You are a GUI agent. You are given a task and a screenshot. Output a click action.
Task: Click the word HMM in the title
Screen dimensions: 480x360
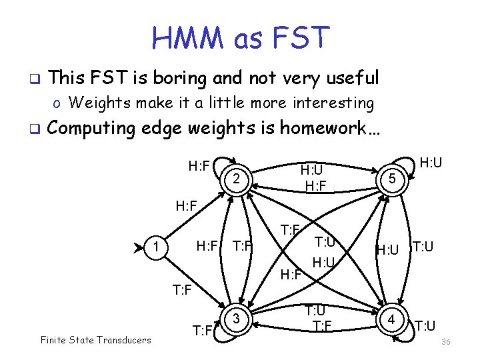coord(189,38)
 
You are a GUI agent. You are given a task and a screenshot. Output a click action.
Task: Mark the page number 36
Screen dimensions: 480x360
coord(446,342)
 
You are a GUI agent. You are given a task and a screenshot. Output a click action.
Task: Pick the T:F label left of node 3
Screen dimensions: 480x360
coord(203,330)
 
